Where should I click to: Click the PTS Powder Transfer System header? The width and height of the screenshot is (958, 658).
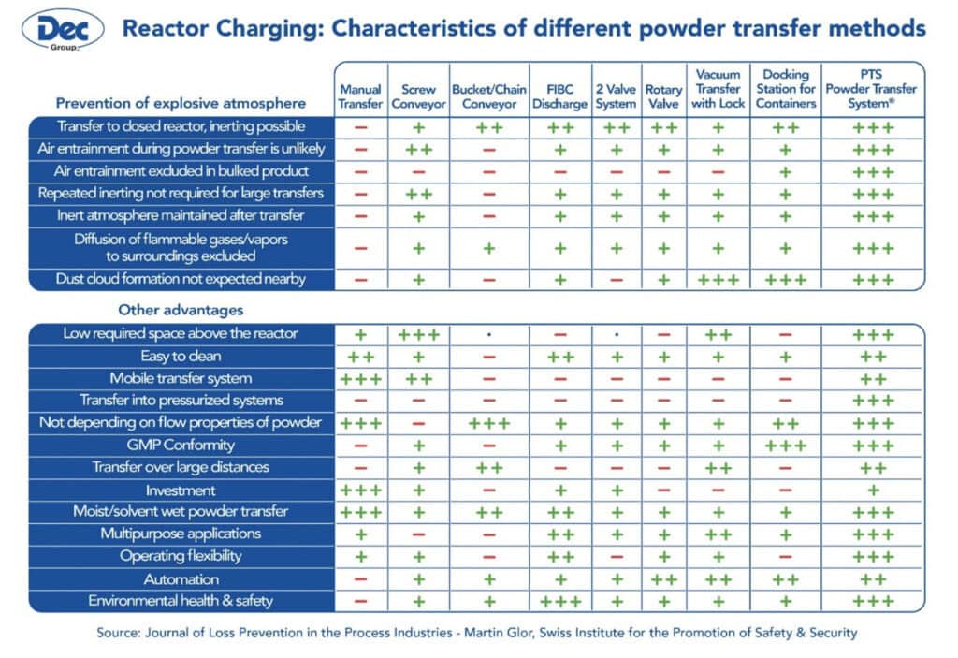click(872, 89)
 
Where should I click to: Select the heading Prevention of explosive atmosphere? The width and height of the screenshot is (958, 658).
click(181, 103)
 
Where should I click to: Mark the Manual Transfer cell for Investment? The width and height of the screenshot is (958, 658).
click(360, 490)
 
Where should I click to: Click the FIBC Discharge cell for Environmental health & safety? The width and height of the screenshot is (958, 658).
click(559, 601)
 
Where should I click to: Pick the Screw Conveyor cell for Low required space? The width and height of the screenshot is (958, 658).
click(418, 334)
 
